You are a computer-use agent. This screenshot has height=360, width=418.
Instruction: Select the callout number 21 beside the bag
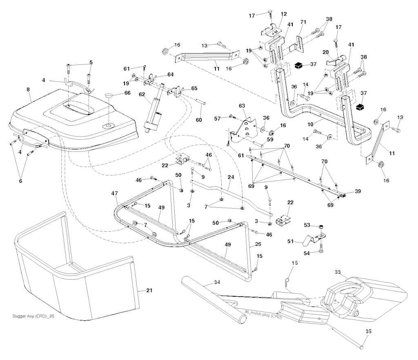tap(149, 291)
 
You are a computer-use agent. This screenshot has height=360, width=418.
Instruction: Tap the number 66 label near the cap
tap(127, 93)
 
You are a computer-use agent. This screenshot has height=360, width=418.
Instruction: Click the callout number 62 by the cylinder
tap(142, 94)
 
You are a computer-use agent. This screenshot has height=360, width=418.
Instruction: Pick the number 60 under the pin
tap(199, 120)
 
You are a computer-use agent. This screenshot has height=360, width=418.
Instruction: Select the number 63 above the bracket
tap(242, 106)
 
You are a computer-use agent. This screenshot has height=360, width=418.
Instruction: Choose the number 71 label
tap(303, 21)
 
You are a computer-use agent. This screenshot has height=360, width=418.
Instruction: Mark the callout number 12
tap(284, 14)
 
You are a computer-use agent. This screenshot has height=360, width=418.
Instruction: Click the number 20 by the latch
tap(326, 52)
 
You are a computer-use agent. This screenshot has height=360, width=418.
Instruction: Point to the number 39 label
tap(358, 191)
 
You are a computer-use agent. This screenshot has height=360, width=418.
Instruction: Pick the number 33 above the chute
tap(338, 271)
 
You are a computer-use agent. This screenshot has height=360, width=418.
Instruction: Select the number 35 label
tap(369, 332)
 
